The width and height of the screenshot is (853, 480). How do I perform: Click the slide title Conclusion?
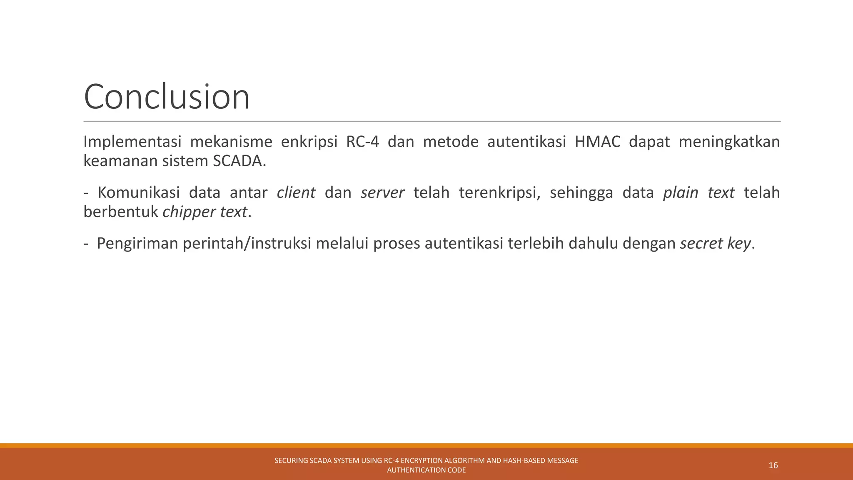pyautogui.click(x=167, y=97)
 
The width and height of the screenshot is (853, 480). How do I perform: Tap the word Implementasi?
pyautogui.click(x=132, y=142)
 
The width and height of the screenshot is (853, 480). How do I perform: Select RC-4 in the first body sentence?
pyautogui.click(x=362, y=142)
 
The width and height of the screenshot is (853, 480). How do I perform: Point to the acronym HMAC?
pyautogui.click(x=597, y=142)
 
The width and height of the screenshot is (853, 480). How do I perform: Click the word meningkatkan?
pyautogui.click(x=729, y=142)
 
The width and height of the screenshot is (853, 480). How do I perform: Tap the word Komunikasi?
pyautogui.click(x=138, y=193)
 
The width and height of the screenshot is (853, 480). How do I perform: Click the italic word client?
pyautogui.click(x=296, y=193)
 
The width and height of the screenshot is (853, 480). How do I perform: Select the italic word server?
pyautogui.click(x=382, y=193)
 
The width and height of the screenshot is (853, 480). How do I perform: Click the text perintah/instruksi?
pyautogui.click(x=247, y=244)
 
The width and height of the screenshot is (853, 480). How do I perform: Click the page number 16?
pyautogui.click(x=773, y=465)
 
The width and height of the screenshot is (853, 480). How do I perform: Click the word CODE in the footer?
pyautogui.click(x=457, y=470)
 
